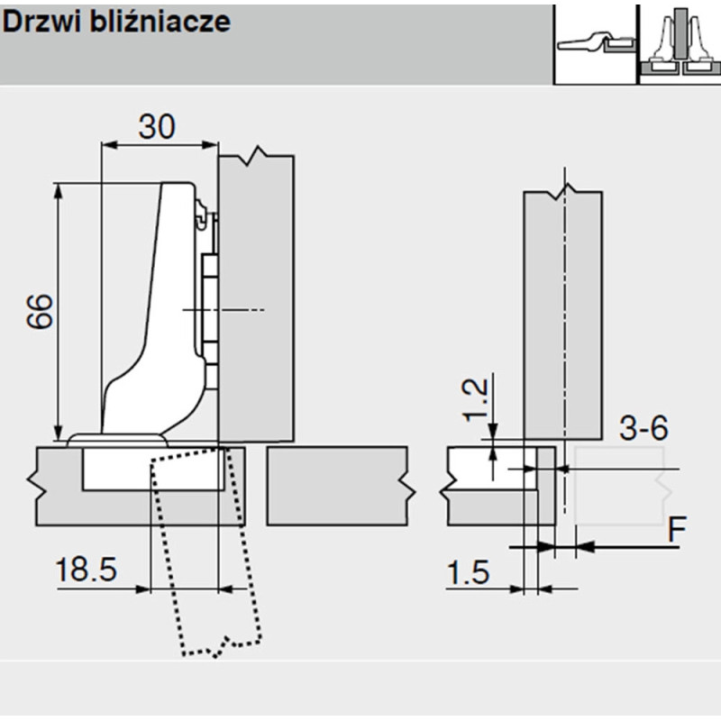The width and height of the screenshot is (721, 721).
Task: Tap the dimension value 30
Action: point(157,127)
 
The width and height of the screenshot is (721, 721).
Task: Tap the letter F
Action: point(677,530)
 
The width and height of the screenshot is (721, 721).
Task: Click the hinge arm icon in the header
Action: point(594,41)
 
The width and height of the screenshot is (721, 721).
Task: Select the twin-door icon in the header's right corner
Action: point(679,41)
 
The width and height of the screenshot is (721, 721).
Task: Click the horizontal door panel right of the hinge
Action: point(339,486)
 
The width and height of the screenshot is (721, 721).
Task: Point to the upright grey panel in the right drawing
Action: point(563,306)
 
